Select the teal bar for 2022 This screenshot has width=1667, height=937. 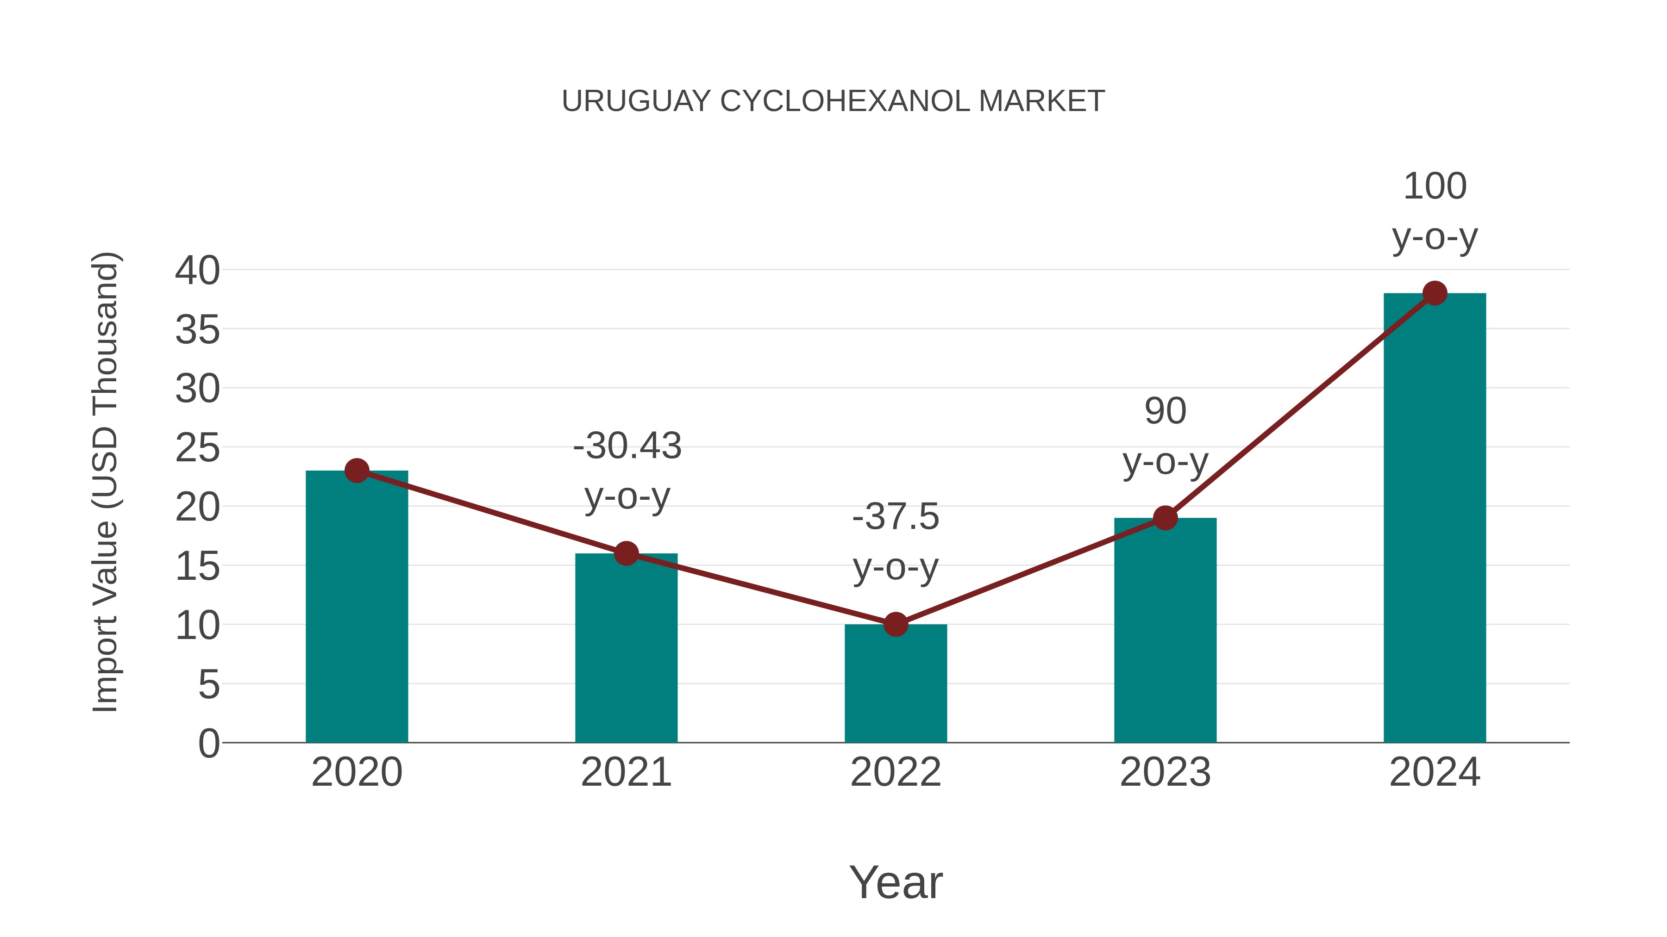896,685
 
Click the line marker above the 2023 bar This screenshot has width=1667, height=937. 1165,518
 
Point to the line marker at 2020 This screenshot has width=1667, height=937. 357,471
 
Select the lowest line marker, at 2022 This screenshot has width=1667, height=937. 896,624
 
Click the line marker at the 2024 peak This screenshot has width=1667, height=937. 1435,293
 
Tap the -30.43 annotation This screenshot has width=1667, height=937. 627,446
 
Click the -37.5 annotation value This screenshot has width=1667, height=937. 896,517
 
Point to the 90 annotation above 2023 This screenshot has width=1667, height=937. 1165,411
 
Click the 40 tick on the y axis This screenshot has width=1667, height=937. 197,270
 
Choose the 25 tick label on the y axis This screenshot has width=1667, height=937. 197,447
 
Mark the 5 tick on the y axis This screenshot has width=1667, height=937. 209,684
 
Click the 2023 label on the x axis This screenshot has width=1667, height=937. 1165,772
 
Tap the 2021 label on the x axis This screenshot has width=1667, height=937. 626,772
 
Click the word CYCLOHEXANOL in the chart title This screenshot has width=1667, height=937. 845,101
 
